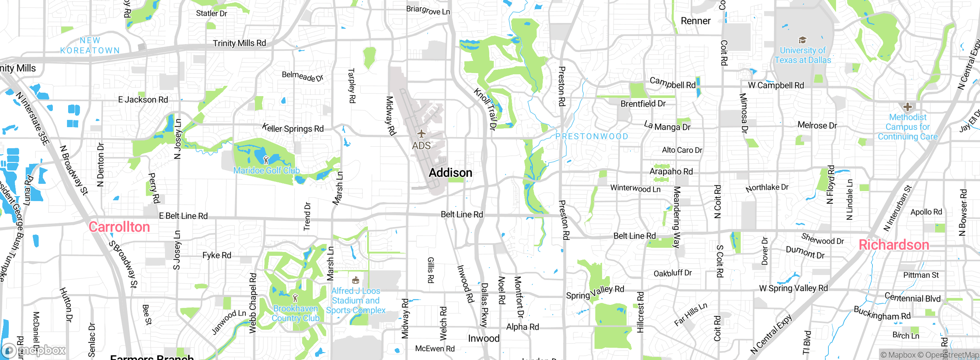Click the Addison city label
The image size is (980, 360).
coord(450,173)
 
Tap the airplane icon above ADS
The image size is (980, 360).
coord(421,134)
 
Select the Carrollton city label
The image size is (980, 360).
coord(119,227)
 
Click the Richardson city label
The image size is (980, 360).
coord(893,245)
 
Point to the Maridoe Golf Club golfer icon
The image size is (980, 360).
coord(266,160)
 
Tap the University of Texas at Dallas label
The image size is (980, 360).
coord(803,55)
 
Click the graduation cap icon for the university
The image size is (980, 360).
coord(802,40)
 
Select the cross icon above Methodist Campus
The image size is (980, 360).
coord(907,107)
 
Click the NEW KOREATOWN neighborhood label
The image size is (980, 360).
coord(90,45)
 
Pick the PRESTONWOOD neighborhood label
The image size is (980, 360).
coord(592,136)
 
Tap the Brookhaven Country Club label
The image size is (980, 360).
coord(296,313)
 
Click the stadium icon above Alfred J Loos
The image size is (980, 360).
coord(355,280)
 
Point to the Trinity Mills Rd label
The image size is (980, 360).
coord(239,43)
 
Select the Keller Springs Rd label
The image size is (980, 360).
coord(293,128)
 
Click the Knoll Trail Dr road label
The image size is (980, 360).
coord(485,110)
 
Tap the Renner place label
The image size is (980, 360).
coord(695,21)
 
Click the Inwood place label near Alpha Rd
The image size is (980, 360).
coord(483,339)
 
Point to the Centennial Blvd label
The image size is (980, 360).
coord(912,298)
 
